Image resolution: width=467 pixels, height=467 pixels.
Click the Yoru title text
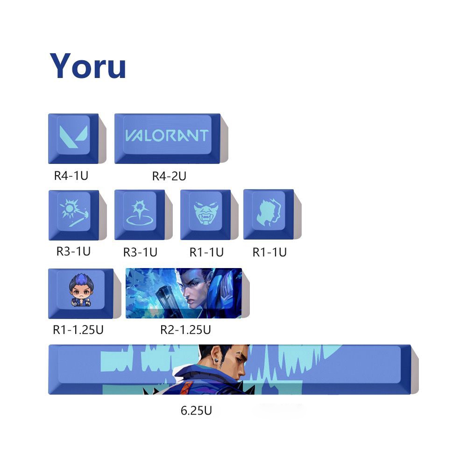88,66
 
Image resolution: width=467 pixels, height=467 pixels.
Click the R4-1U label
71,176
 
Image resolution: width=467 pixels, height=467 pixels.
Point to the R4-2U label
169,176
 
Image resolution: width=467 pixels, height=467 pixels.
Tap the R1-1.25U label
78,330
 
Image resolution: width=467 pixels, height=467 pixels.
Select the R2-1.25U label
185,330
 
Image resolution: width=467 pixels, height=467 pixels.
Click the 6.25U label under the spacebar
196,411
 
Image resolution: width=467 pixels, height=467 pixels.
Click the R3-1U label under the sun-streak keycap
73,251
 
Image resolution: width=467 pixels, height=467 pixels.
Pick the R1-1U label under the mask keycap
206,252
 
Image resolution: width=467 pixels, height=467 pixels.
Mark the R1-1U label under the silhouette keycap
269,252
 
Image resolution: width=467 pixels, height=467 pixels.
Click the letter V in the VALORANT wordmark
132,135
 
